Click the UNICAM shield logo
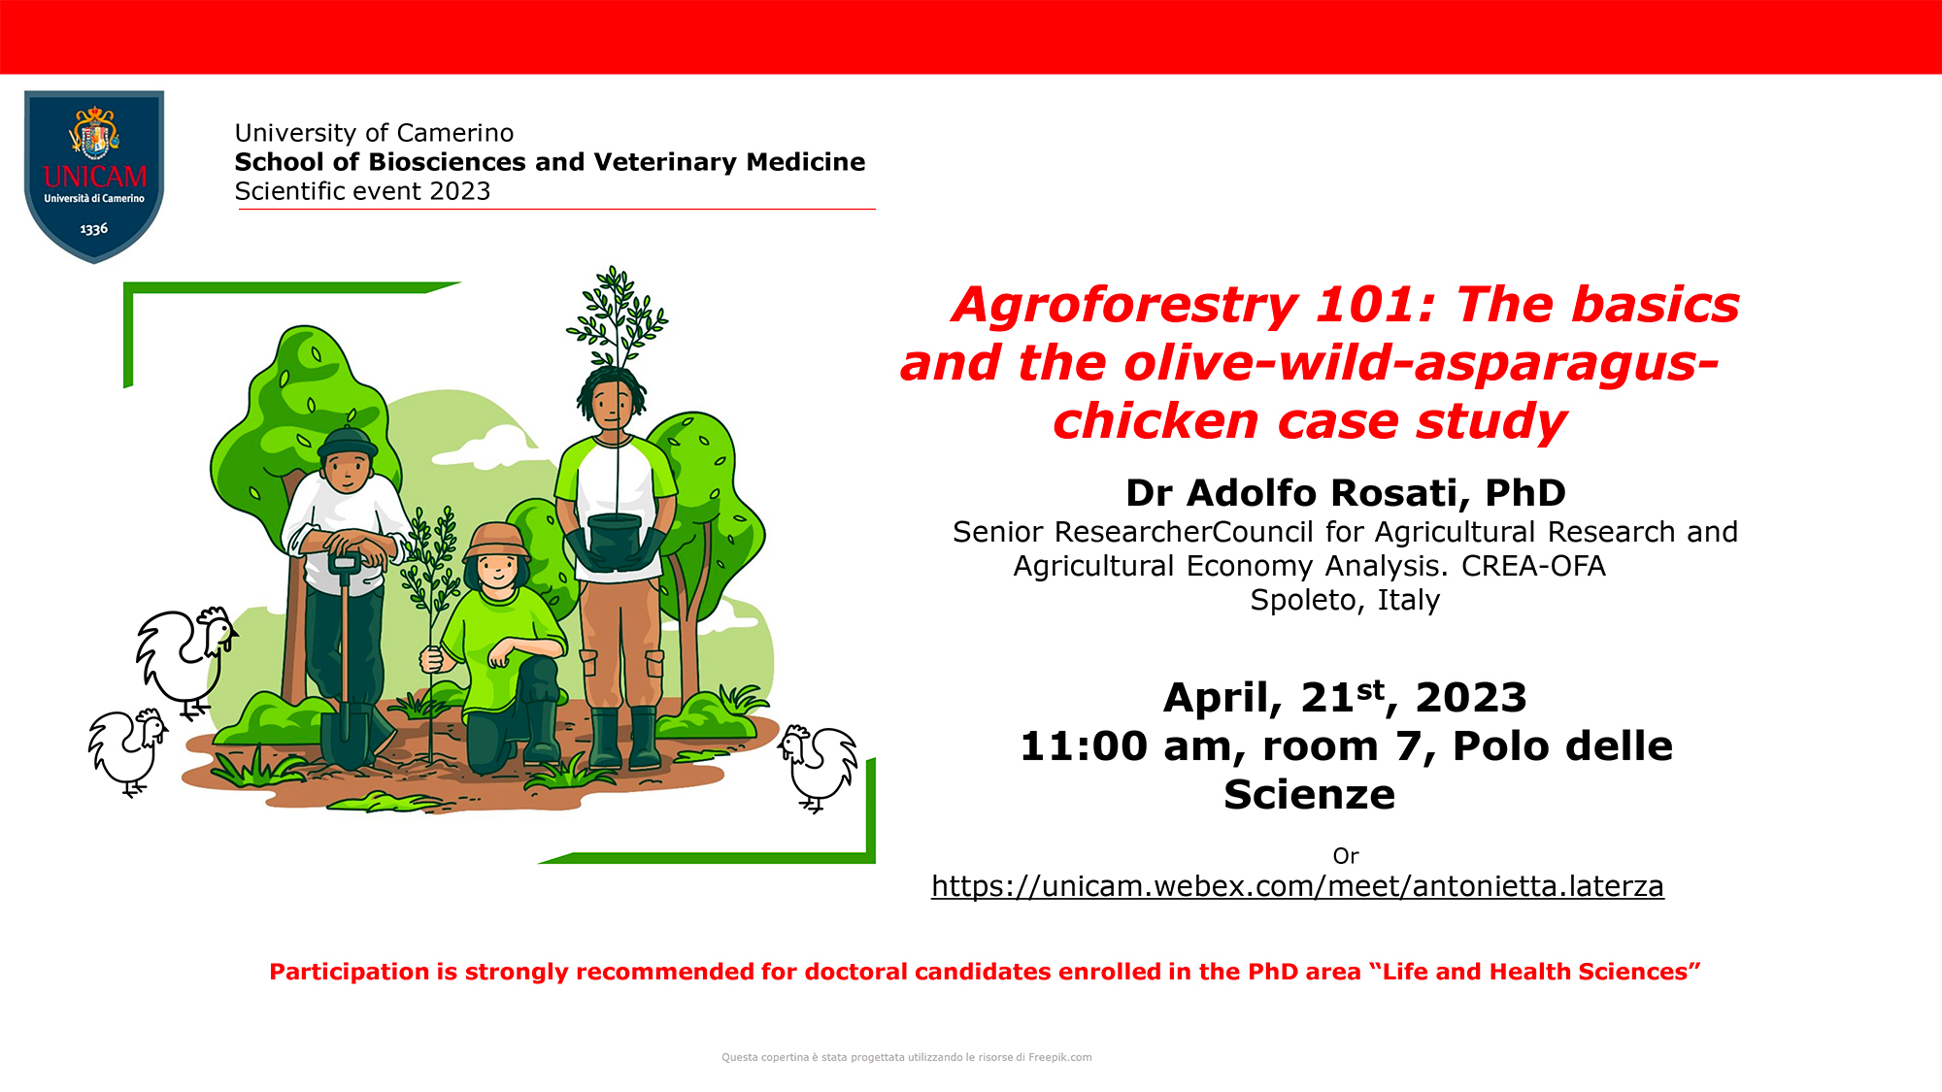[94, 176]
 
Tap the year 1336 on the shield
[94, 229]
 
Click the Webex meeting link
[1297, 886]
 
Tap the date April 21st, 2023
[1345, 698]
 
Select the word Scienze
[1309, 795]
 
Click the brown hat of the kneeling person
[496, 540]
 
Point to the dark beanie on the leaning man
[347, 443]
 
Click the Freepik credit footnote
[906, 1057]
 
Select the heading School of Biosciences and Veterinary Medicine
[550, 162]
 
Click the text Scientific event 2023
[362, 191]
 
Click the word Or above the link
[1345, 856]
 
